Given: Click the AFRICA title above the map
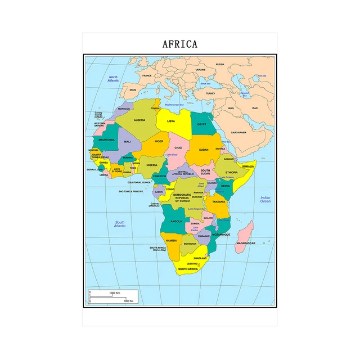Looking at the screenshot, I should pos(180,44).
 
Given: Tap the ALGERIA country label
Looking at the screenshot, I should pos(139,120).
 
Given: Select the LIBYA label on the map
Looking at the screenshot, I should pos(171,121).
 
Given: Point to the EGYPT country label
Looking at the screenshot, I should pos(202,124).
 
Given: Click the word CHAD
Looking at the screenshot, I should pos(178,147).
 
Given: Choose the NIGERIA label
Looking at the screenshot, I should pos(152,165).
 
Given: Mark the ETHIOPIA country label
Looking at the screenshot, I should pos(232,173).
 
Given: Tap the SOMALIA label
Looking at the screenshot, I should pos(248,166).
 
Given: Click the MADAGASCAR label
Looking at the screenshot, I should pos(246,242).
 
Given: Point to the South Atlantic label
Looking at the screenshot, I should pos(120,224).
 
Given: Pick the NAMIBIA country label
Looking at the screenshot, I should pos(171,240).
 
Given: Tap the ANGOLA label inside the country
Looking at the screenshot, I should pos(175,221).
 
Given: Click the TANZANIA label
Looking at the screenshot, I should pos(219,201).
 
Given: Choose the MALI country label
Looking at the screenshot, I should pos(127,142).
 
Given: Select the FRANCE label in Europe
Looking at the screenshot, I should pos(147,75).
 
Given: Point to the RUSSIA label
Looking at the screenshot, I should pos(220,64).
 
